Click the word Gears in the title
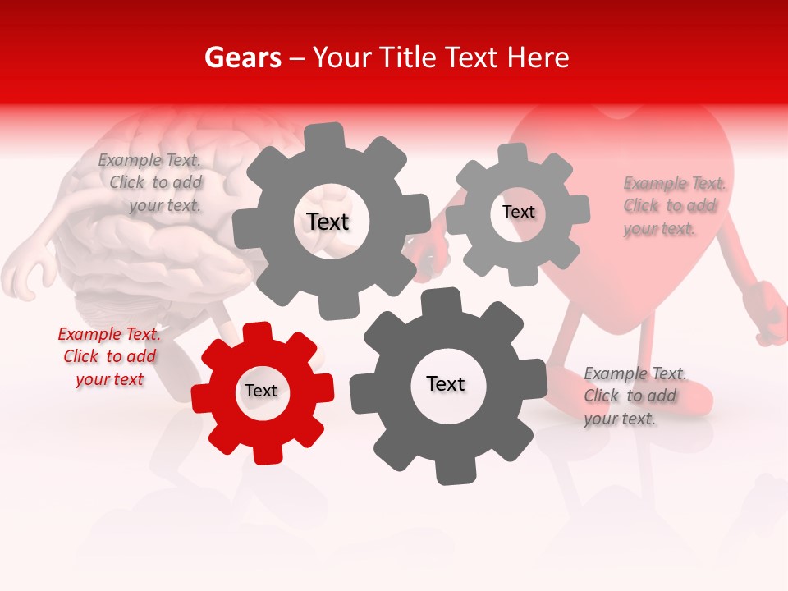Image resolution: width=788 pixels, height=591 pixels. [241, 57]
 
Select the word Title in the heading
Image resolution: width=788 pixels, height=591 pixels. [411, 57]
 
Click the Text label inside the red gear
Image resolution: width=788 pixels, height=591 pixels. [261, 391]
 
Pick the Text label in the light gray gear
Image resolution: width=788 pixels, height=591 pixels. [518, 212]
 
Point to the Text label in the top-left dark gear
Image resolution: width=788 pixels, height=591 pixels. [328, 222]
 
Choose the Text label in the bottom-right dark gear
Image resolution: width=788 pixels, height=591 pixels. [446, 383]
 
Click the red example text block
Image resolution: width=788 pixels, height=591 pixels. [108, 356]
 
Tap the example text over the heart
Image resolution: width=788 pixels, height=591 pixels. [673, 205]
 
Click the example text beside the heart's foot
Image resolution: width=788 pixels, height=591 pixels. [634, 396]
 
